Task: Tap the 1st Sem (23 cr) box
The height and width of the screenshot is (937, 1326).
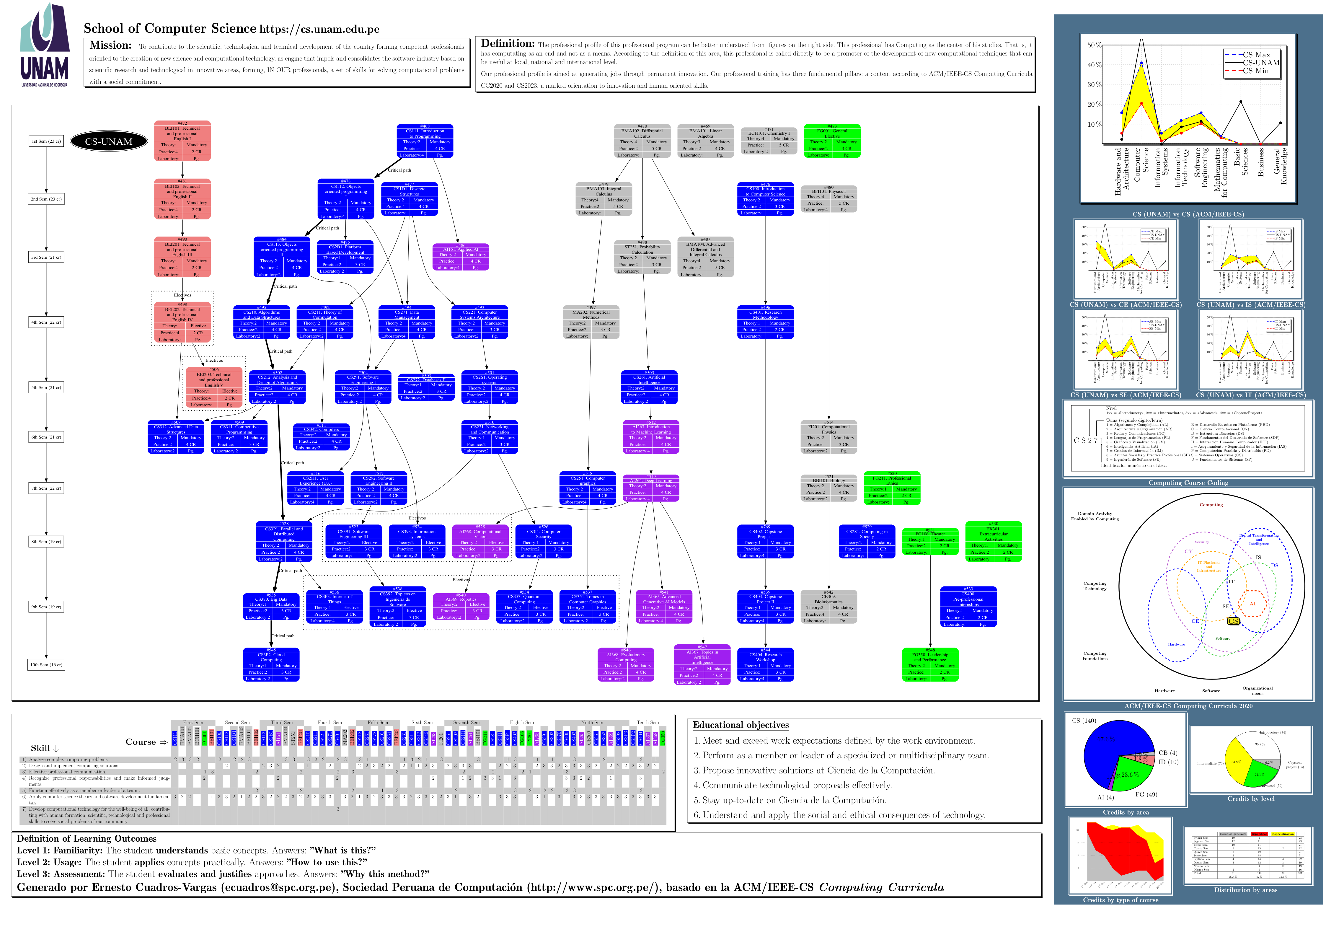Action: pyautogui.click(x=46, y=141)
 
